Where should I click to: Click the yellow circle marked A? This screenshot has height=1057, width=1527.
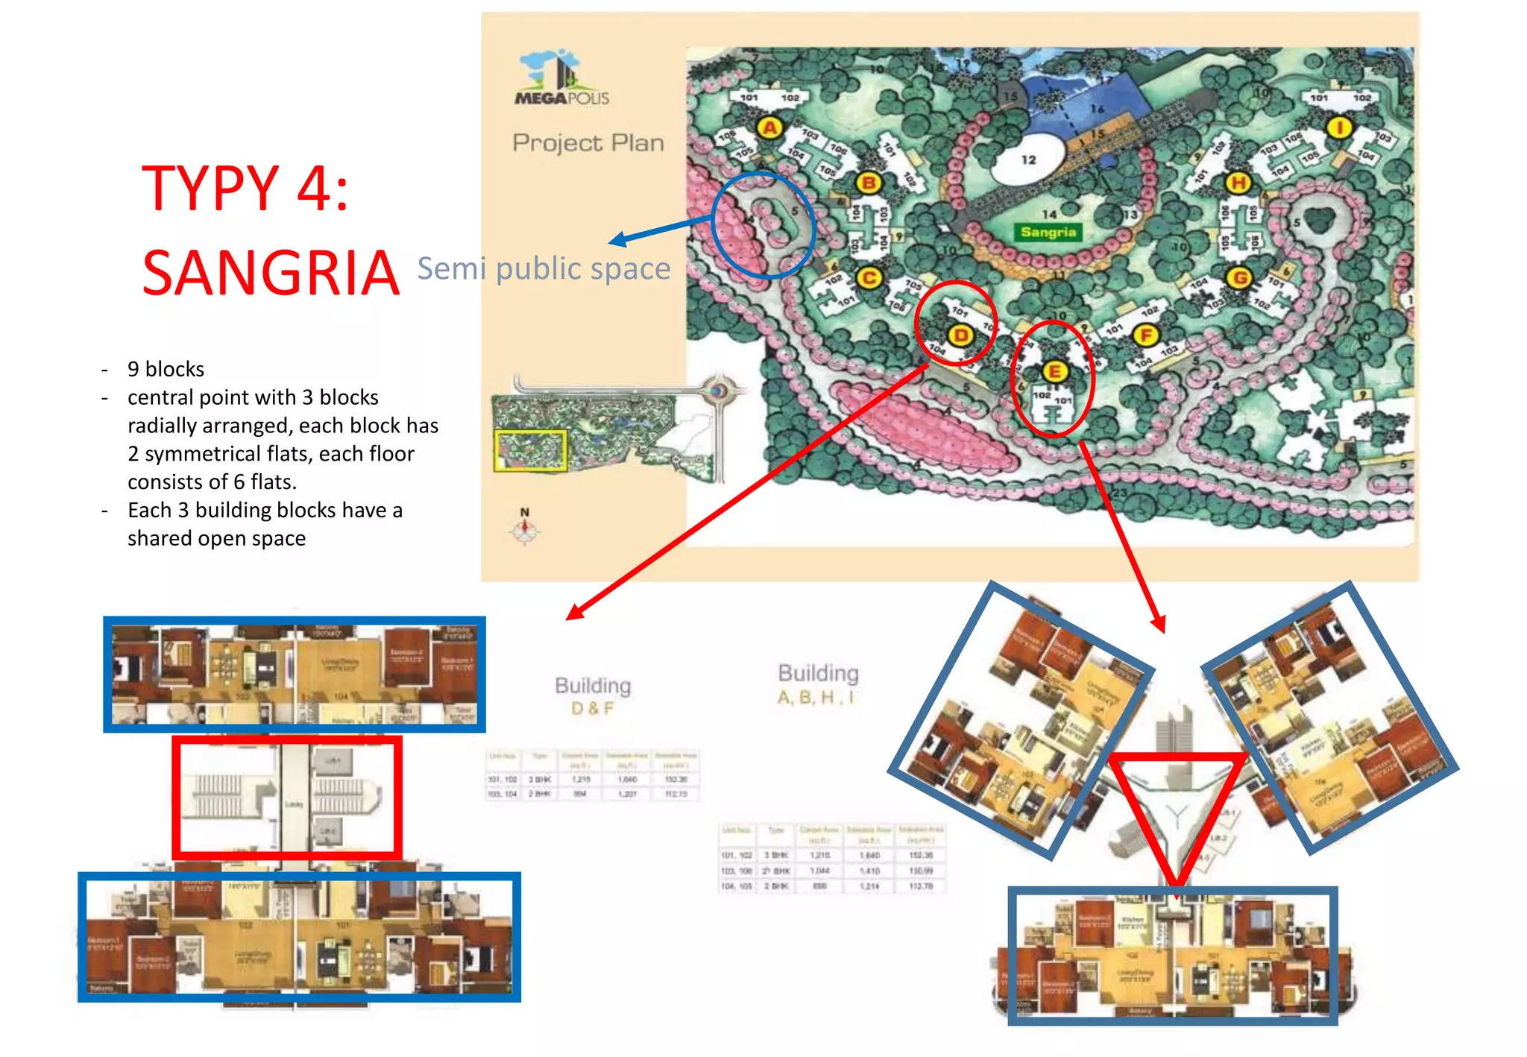[x=769, y=127]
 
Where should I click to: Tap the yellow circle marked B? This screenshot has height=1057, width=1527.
[x=868, y=183]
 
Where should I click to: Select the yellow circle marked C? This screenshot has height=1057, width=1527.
[x=869, y=278]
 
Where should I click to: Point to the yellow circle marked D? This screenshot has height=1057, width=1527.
[x=961, y=335]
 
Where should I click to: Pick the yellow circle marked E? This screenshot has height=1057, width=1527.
[x=1054, y=371]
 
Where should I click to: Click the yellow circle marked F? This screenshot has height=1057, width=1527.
[x=1146, y=335]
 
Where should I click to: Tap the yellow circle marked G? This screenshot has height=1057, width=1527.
[x=1239, y=278]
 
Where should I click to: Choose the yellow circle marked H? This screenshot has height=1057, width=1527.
[x=1238, y=183]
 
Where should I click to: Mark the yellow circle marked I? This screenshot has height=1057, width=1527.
[x=1339, y=127]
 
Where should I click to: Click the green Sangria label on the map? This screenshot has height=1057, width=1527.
[x=1048, y=232]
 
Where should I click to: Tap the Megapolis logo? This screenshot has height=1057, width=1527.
[x=561, y=78]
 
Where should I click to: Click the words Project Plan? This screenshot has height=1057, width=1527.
[x=588, y=142]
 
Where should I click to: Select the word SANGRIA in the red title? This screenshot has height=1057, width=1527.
[x=270, y=273]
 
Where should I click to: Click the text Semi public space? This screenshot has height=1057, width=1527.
[x=544, y=268]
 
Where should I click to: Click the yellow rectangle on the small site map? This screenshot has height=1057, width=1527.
[x=530, y=450]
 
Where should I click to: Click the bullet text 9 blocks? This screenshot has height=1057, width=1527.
[x=166, y=369]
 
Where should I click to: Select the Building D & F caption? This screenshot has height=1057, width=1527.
[x=593, y=696]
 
